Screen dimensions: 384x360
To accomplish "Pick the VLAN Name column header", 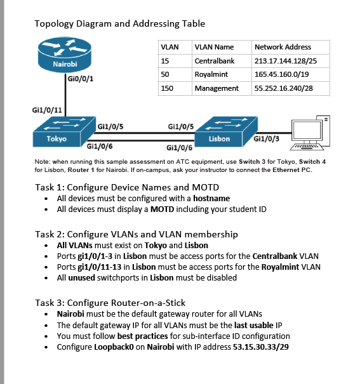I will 213,47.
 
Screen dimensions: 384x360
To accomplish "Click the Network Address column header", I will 283,47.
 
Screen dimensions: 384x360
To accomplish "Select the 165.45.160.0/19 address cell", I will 283,74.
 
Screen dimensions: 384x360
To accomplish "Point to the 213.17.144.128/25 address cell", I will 286,61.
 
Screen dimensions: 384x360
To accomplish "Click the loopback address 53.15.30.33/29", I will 263,347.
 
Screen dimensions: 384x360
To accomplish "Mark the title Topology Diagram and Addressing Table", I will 119,24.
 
